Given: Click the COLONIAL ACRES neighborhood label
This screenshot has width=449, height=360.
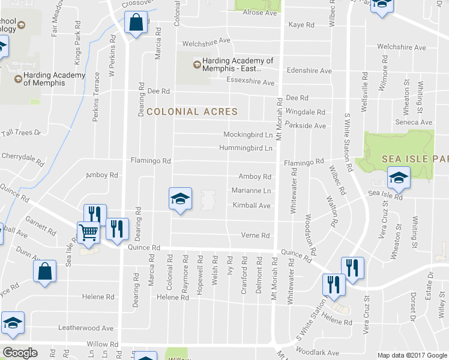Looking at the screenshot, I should [192, 112].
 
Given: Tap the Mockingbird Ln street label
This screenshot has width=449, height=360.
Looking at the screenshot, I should [244, 134].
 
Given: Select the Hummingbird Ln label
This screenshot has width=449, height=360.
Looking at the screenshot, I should [246, 148].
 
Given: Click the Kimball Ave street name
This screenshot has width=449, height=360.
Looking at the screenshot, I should [252, 205].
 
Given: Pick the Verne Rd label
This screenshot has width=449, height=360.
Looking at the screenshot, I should [255, 235].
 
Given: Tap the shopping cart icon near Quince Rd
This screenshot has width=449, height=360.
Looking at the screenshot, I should [88, 232].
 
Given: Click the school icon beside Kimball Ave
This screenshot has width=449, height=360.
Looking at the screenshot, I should [179, 198].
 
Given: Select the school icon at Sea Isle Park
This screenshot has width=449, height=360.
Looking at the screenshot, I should [399, 177].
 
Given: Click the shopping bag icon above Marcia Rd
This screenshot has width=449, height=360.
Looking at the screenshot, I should [136, 23].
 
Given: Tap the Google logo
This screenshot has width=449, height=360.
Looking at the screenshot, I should [20, 353].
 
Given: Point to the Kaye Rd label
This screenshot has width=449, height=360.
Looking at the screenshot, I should [301, 25].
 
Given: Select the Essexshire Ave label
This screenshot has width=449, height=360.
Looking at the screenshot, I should [250, 82].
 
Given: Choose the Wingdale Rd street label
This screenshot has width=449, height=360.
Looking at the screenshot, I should [305, 112].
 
